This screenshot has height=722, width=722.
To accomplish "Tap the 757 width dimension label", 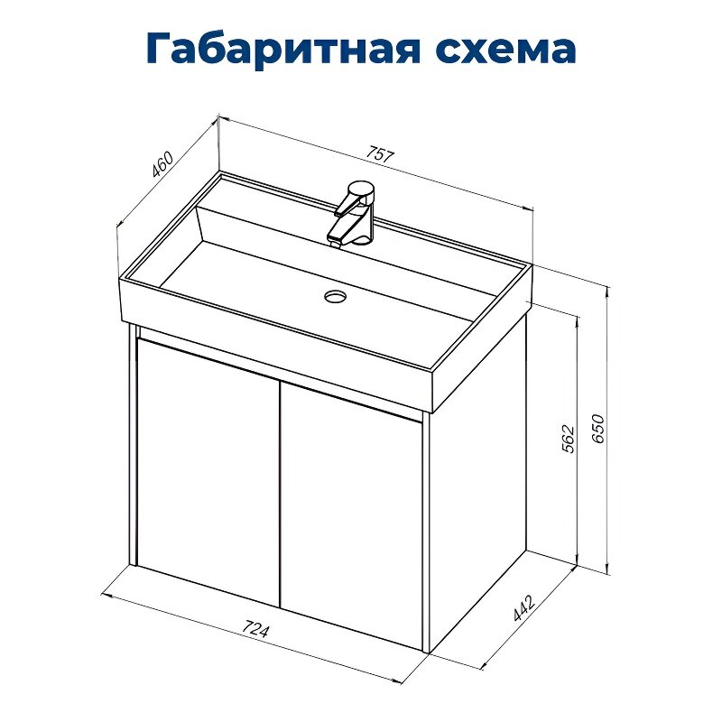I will coord(381,153).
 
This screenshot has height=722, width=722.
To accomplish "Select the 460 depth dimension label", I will coord(162,167).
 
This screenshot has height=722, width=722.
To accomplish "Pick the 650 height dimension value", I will coord(597,431).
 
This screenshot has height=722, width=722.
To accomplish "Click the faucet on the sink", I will coord(357,211).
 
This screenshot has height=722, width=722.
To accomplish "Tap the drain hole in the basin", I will coord(336,295).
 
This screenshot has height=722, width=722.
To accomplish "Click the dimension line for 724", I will coord(180,619).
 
